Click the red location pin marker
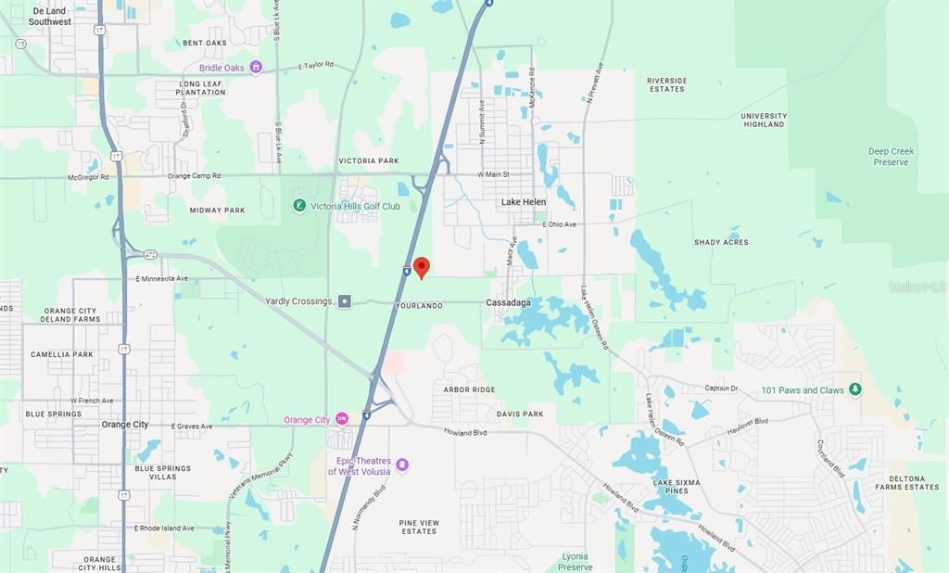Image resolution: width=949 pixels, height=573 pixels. pos(422,267)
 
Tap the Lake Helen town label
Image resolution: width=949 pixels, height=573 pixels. pos(524,201)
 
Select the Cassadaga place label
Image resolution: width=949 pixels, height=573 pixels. pos(510,303)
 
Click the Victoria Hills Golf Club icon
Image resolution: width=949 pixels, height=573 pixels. pos(299,206)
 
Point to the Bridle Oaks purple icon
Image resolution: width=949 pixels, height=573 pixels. pos(257,68)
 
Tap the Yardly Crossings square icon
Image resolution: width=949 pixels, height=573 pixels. pos(345,300)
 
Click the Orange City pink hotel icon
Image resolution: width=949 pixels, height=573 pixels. pos(342,420)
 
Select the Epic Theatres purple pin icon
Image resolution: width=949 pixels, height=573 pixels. pos(401,465)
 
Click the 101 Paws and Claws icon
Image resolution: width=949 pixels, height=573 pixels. pos(854,389)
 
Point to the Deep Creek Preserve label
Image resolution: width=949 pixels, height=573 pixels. pos(891,157)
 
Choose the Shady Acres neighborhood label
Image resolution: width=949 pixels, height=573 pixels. pos(721,242)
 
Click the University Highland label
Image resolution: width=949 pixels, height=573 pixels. pos(764,120)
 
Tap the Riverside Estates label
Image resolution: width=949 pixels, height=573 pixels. pos(666,84)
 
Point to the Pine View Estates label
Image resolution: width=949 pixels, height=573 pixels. pos(418,527)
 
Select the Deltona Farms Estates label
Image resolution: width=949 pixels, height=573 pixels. pos(907,482)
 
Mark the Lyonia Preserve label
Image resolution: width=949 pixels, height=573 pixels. pos(576,561)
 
